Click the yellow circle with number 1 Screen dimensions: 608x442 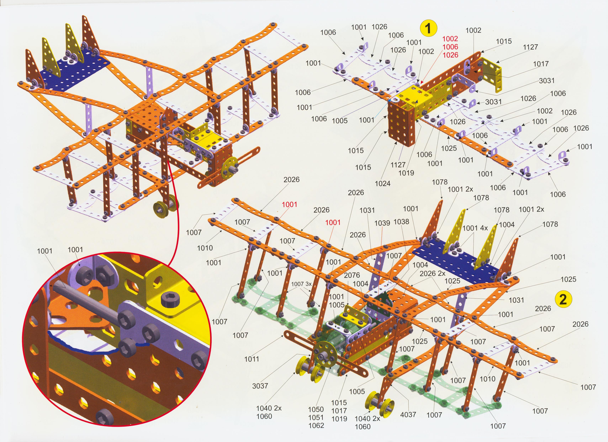(428, 28)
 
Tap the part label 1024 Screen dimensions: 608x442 (383, 184)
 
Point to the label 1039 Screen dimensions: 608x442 (382, 223)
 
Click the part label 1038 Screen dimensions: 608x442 (401, 222)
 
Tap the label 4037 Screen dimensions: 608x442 (408, 414)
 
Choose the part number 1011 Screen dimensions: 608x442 (252, 359)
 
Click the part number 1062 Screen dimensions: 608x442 (316, 425)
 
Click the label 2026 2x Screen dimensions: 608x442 (432, 274)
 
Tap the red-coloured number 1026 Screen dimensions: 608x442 (450, 55)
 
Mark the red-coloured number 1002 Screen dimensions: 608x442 (450, 39)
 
